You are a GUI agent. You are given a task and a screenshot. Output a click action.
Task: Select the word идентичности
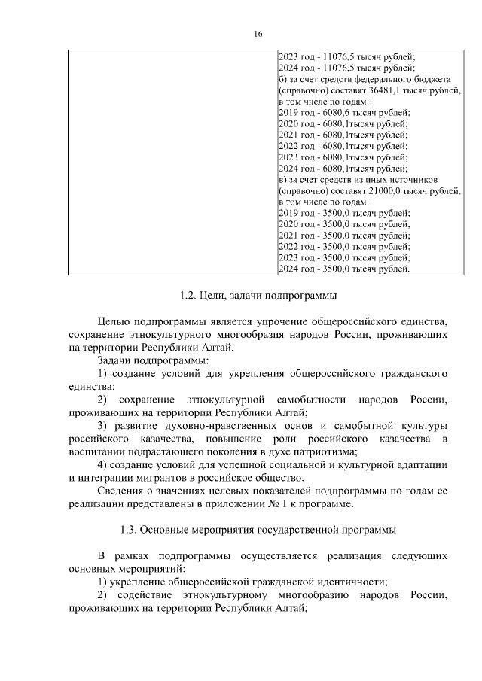(x=347, y=582)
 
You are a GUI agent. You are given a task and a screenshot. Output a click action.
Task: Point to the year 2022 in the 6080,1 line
(x=288, y=146)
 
